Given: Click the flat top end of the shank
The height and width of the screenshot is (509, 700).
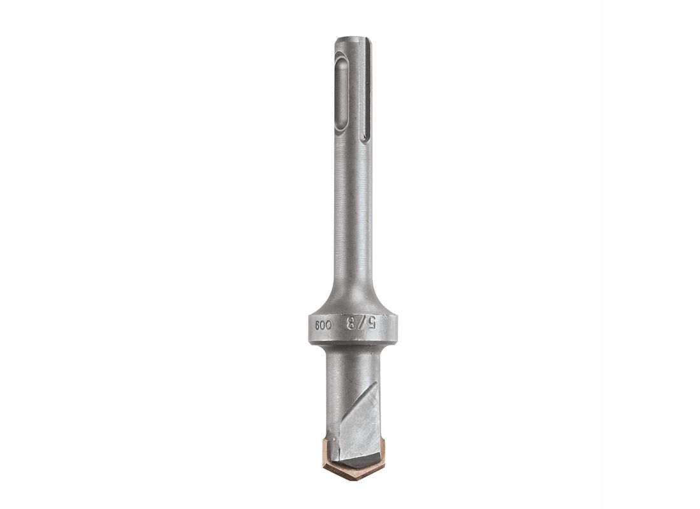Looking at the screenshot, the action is click(x=353, y=38).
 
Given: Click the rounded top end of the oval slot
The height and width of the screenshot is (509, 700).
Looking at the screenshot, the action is click(x=342, y=58).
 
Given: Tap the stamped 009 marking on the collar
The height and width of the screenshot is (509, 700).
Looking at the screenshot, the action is click(x=323, y=324).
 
